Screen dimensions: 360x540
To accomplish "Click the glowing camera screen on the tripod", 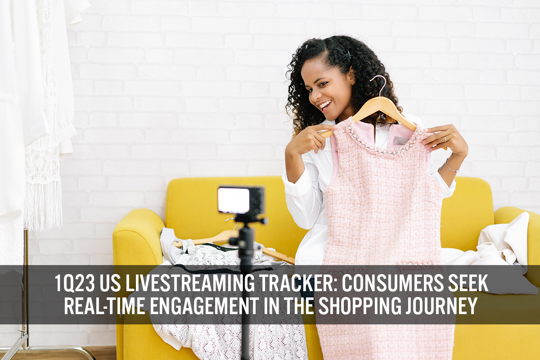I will tap(234, 200).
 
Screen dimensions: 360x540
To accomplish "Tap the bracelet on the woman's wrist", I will tap(451, 167).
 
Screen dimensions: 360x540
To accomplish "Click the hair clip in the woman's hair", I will tap(348, 55).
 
